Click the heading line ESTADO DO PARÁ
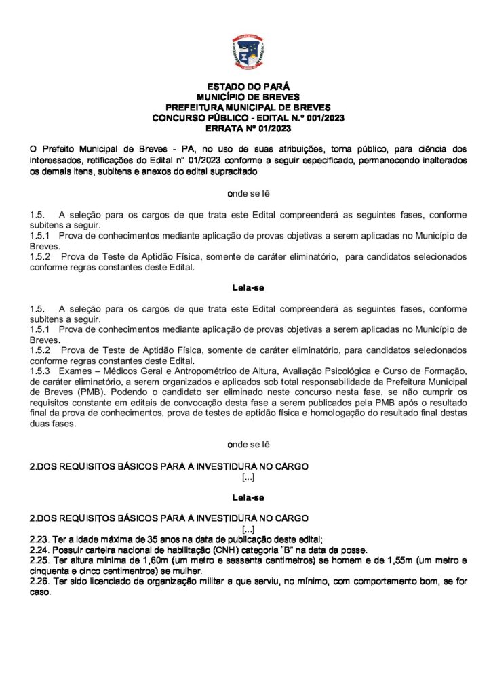[248, 87]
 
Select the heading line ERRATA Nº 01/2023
[248, 127]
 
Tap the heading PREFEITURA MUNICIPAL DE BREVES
[248, 107]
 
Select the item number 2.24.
[40, 549]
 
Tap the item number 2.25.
[40, 560]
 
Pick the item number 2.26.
[40, 581]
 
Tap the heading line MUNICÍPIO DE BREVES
[248, 97]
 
